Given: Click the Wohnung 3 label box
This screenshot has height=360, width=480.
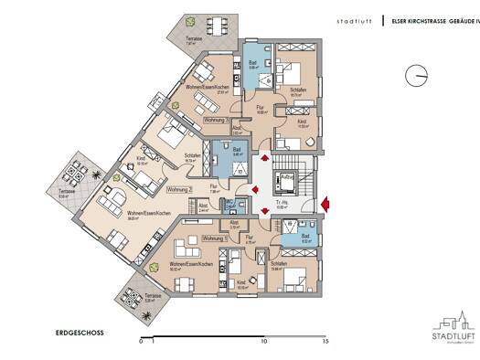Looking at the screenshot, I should click(x=216, y=121).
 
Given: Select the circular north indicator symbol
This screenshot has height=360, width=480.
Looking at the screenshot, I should click(x=413, y=76).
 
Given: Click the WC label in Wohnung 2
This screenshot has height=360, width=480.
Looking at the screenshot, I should click(x=230, y=203).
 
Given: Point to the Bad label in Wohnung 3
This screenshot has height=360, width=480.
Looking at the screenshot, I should click(x=252, y=62).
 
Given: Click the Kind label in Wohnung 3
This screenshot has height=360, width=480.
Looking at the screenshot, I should click(x=301, y=121).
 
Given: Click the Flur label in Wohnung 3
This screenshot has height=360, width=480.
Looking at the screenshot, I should click(x=260, y=107).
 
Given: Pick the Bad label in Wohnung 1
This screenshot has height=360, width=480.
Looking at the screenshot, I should click(x=307, y=236).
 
